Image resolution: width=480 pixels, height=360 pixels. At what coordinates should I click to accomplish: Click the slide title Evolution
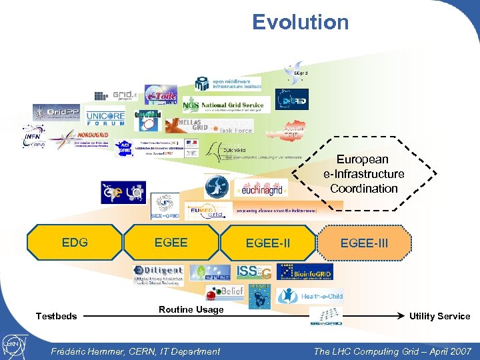pos(300,22)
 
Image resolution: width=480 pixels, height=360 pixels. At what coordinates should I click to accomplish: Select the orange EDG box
pos(75,243)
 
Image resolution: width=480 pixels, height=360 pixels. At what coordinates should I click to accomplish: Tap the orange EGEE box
pos(171,243)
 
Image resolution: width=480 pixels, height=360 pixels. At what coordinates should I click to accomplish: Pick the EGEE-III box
pos(364,243)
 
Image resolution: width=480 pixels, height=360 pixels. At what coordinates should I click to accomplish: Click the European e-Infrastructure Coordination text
pos(363,174)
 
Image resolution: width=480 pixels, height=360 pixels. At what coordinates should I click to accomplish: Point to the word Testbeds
pos(56,316)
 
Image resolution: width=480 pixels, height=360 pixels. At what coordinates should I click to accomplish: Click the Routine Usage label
pos(191,309)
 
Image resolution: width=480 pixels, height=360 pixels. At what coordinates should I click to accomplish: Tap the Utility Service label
pos(439,316)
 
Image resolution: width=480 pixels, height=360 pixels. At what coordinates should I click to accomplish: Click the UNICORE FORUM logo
pos(105,117)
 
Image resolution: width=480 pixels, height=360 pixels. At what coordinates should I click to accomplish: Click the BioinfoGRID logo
pos(305,271)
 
